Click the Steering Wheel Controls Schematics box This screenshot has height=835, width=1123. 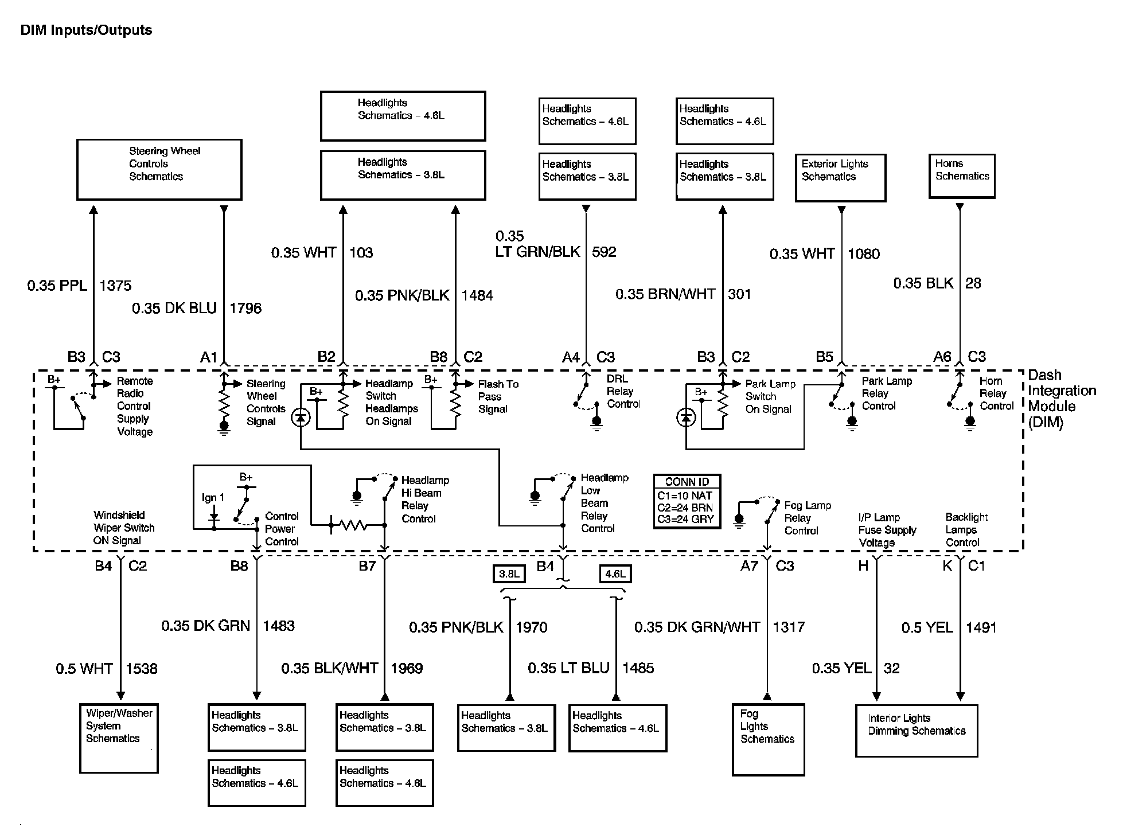point(159,169)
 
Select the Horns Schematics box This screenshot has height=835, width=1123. point(962,176)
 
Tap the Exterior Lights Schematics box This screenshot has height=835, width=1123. point(840,177)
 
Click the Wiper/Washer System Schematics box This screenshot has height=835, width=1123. point(119,738)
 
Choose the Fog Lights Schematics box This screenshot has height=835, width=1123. point(768,739)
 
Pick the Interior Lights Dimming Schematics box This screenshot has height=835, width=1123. point(916,730)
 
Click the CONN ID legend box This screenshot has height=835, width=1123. point(687,501)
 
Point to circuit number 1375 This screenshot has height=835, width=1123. point(115,286)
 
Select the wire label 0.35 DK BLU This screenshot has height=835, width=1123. point(174,309)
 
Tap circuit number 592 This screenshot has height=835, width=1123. point(604,252)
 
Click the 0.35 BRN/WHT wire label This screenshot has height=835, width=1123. point(665,294)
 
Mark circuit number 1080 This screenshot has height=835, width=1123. point(863,254)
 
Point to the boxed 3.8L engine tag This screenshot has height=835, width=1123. point(509,573)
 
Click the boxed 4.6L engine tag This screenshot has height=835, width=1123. point(615,573)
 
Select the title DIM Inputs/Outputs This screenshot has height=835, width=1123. point(86,30)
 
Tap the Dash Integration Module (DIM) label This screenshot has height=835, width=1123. point(1061,399)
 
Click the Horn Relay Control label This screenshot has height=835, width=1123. point(996,393)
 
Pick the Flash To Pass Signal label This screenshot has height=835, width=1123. point(498,396)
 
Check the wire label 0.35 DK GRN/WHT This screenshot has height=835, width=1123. point(697,627)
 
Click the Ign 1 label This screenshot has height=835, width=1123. point(213,498)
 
